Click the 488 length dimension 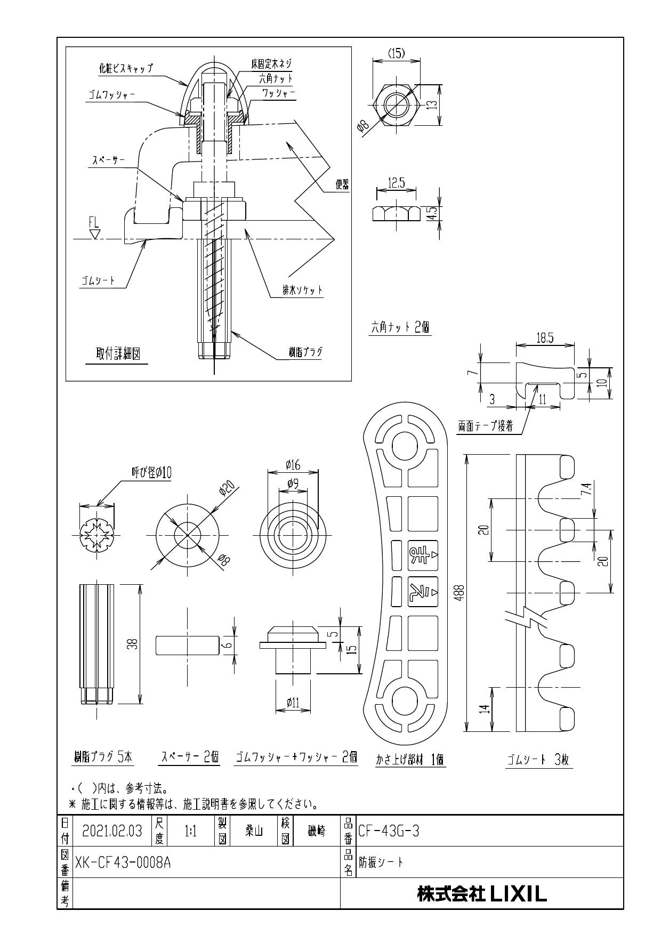[462, 592]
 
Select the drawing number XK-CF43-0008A [123, 863]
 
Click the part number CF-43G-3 [389, 831]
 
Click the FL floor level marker [94, 223]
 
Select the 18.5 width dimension [544, 338]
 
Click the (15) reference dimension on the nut [396, 53]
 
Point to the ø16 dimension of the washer [293, 465]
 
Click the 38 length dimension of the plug [134, 644]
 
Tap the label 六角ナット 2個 [400, 328]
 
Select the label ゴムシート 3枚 [538, 760]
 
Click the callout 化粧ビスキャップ [126, 68]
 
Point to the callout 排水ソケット [303, 291]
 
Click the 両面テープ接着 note [485, 426]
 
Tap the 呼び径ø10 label [151, 472]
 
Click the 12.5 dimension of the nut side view [396, 183]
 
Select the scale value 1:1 [190, 831]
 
